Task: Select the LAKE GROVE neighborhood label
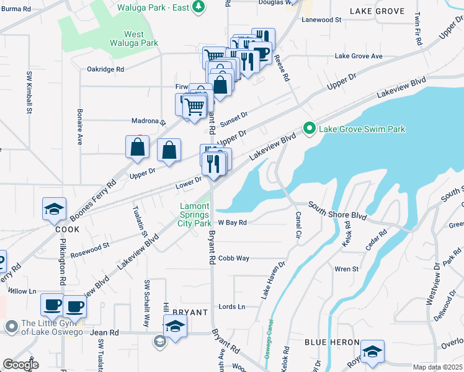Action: click(x=377, y=11)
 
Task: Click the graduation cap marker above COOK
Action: click(x=54, y=210)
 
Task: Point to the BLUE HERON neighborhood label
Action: click(x=332, y=342)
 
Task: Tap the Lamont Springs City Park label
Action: click(x=194, y=215)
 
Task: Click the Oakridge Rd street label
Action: click(x=105, y=69)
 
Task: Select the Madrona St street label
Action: click(x=149, y=122)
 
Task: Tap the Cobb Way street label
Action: click(x=233, y=258)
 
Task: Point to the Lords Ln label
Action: click(x=232, y=306)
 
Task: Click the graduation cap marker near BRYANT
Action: click(x=176, y=326)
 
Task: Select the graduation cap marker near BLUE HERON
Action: click(x=372, y=352)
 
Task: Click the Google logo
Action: click(x=20, y=365)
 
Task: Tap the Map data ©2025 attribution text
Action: click(x=437, y=367)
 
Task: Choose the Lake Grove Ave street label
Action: click(x=359, y=56)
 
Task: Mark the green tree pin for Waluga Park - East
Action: click(x=198, y=7)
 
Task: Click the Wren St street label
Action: click(x=346, y=269)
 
